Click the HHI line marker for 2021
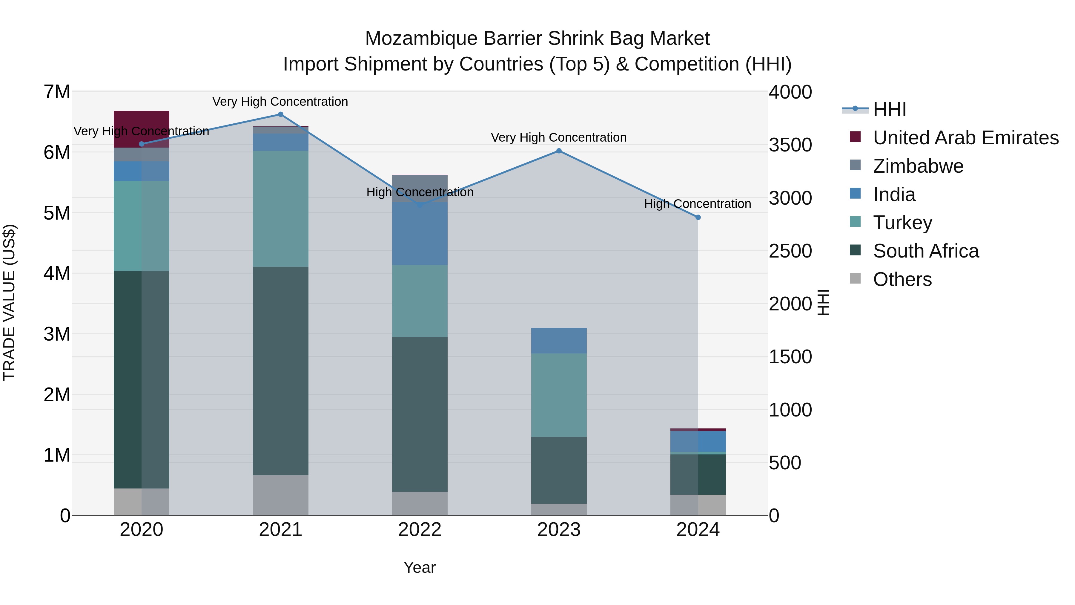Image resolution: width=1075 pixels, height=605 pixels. [280, 114]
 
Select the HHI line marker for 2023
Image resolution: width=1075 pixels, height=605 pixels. [559, 151]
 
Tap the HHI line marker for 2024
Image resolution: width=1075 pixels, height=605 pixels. [698, 218]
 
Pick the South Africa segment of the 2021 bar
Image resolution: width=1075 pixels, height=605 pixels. [280, 371]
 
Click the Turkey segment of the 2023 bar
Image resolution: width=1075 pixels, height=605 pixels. [559, 395]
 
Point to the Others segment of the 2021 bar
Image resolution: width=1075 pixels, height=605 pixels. [280, 495]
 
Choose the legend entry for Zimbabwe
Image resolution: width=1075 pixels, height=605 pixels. [918, 166]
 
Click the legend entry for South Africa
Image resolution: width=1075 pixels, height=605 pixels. [926, 251]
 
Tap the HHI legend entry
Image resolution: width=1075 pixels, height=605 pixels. [889, 109]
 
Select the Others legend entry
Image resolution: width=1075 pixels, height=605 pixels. [902, 280]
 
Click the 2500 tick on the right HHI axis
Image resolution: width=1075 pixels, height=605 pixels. [790, 251]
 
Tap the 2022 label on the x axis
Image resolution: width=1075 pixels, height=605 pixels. [420, 530]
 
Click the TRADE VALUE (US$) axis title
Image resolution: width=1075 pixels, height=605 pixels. [9, 303]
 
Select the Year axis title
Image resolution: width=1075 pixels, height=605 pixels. [420, 567]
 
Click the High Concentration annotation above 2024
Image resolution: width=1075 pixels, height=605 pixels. [697, 204]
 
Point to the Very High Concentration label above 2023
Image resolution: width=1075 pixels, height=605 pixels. [558, 137]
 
